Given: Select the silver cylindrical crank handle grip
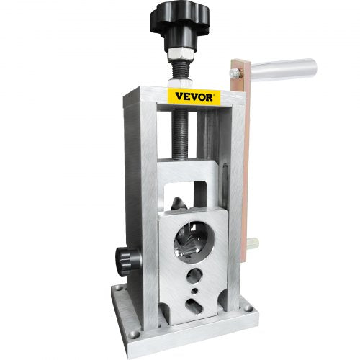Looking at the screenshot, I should tap(286, 70).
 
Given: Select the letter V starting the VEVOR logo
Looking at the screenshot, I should tap(173, 97).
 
